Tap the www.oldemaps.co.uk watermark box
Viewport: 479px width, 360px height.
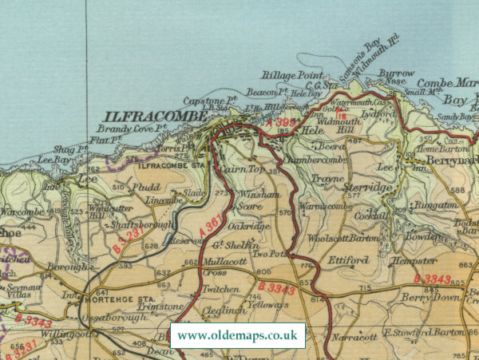[238, 335]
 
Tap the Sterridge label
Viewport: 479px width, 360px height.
[369, 187]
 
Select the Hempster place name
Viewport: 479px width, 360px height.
[414, 261]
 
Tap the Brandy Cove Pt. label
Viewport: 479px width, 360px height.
[131, 129]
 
